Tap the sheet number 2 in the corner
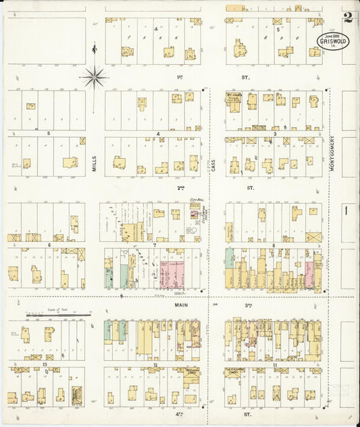tap(347, 18)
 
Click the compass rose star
tap(94, 76)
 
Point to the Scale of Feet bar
tap(59, 315)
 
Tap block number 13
tap(45, 363)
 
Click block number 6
tap(49, 245)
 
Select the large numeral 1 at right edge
tap(345, 211)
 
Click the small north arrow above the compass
tap(94, 49)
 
